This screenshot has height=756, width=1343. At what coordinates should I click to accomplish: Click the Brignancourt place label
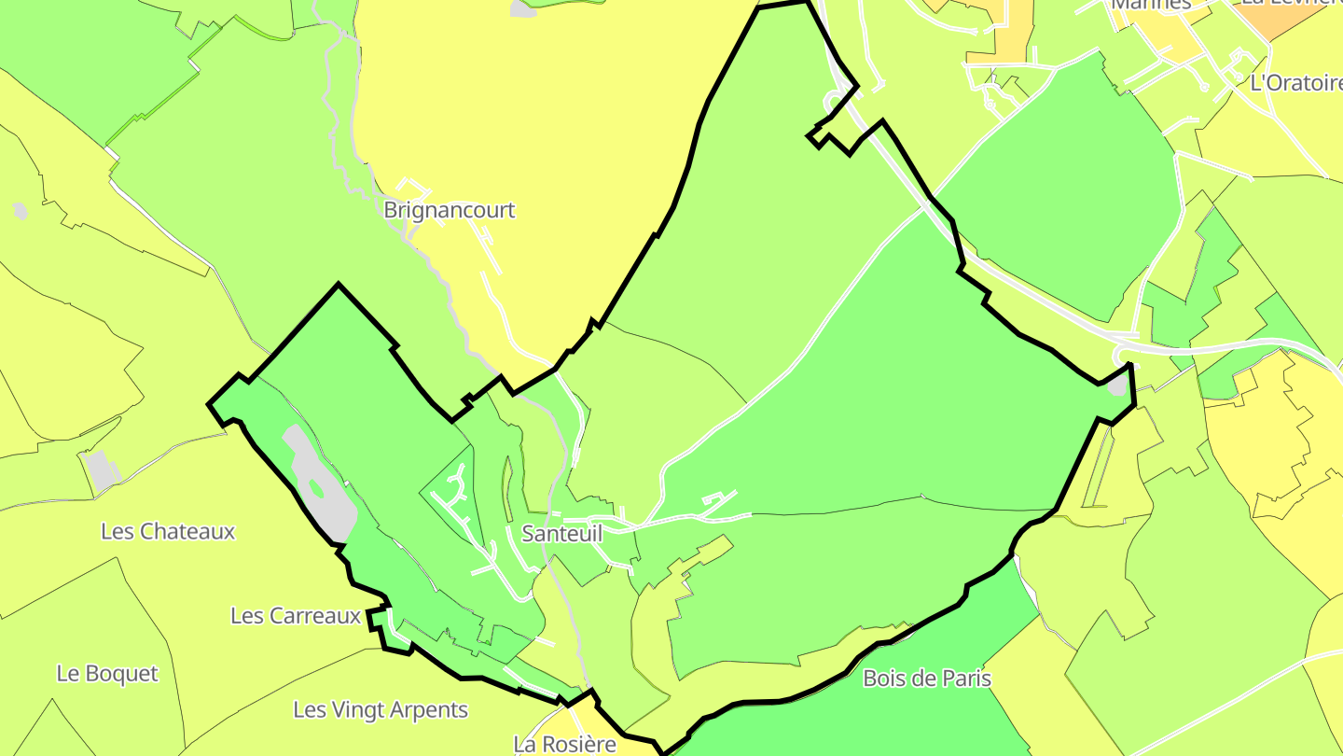[449, 210]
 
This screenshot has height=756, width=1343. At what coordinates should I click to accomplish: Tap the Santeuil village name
[561, 534]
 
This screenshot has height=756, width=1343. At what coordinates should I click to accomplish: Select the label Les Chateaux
[168, 532]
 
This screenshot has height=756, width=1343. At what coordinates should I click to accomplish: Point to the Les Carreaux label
[295, 616]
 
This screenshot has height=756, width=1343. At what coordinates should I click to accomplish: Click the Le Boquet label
[107, 674]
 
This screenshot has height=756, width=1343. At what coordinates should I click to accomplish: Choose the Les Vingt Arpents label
[381, 710]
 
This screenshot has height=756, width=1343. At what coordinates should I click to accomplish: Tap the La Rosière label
[564, 744]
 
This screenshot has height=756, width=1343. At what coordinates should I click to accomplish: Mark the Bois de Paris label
[927, 679]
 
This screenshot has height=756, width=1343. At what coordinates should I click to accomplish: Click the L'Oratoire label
[1295, 83]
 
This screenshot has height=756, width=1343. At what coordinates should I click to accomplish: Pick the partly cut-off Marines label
[1151, 5]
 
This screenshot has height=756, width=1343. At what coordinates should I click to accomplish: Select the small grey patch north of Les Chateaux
[101, 469]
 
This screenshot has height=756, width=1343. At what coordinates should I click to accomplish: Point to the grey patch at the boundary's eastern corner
[1117, 385]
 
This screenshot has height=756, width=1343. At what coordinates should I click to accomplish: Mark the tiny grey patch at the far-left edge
[21, 212]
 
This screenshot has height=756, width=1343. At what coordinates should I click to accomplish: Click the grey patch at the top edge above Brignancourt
[522, 7]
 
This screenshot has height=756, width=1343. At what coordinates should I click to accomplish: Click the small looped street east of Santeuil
[719, 501]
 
